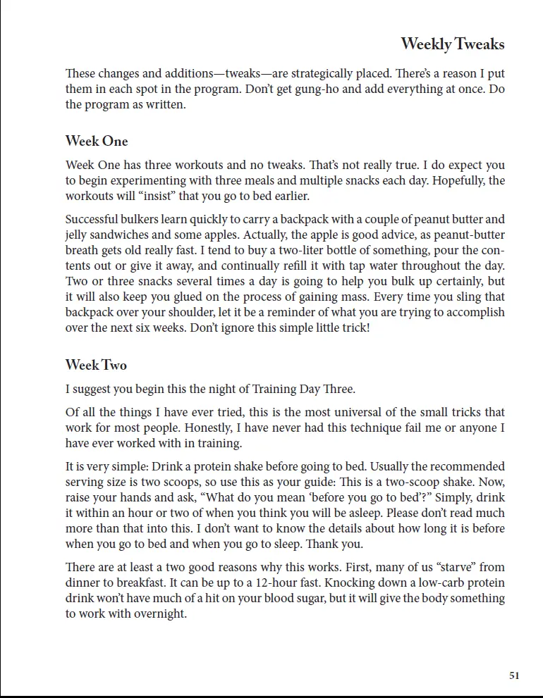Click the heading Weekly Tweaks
tap(453, 44)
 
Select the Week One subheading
tap(97, 141)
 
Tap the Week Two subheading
tap(96, 365)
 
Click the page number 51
tap(514, 675)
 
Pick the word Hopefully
tap(458, 181)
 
